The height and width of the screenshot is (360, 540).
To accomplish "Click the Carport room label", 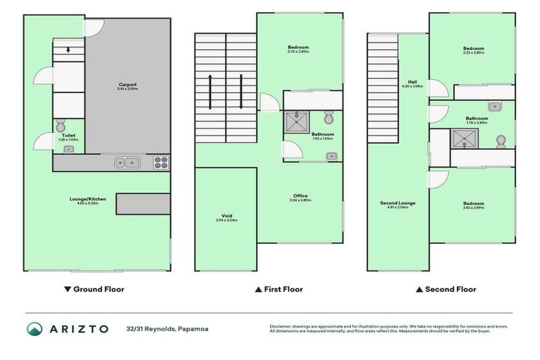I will pyautogui.click(x=127, y=87).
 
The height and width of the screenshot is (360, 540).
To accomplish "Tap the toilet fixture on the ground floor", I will pyautogui.click(x=60, y=127).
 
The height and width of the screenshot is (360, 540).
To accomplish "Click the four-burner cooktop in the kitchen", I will pyautogui.click(x=161, y=163).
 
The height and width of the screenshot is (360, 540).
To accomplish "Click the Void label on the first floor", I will pyautogui.click(x=226, y=218).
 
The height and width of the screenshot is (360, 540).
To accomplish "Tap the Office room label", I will pyautogui.click(x=300, y=198).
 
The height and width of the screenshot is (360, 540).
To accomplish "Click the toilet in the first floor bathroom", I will pyautogui.click(x=328, y=116).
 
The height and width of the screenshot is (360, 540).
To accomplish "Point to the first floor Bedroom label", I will pyautogui.click(x=298, y=49).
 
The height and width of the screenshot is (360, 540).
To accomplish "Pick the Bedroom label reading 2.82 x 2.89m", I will pyautogui.click(x=473, y=205).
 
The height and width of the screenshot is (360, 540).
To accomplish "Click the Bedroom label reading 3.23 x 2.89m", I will pyautogui.click(x=473, y=51).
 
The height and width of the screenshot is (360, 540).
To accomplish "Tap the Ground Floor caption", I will pyautogui.click(x=94, y=289).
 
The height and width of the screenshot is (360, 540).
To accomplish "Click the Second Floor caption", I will pyautogui.click(x=446, y=289).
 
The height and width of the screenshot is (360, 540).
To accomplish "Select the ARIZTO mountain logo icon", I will pyautogui.click(x=35, y=328).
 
